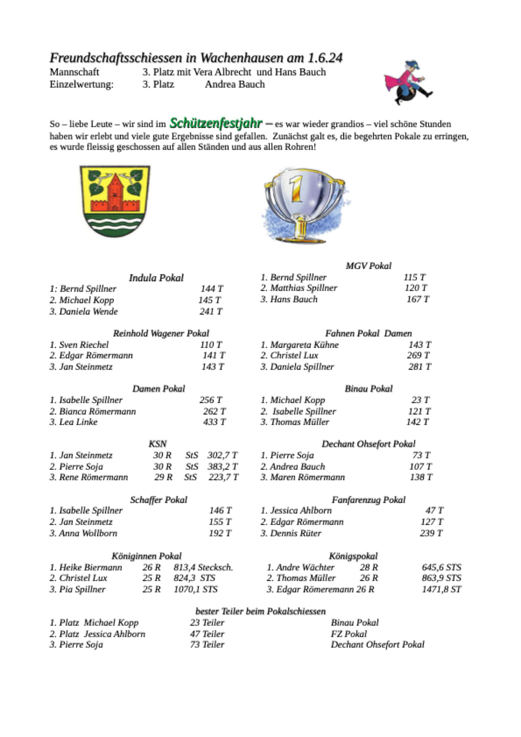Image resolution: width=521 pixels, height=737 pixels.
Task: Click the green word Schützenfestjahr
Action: (215, 123)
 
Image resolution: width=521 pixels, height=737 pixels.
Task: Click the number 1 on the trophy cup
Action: (296, 188)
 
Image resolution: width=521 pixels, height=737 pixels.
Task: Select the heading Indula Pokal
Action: (156, 278)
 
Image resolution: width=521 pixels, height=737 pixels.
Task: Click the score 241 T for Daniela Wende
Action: (211, 312)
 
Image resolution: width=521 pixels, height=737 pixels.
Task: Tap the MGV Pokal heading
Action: (368, 266)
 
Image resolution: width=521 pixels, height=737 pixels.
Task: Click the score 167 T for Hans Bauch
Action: (418, 299)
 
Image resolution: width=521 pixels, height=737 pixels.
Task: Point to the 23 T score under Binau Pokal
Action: (420, 400)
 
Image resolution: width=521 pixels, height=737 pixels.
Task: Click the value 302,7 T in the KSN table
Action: (222, 455)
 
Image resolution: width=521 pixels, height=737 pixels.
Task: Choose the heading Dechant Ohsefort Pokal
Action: (368, 444)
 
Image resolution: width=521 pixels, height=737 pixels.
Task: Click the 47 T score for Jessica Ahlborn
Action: (434, 511)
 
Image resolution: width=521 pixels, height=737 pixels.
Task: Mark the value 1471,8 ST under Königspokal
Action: (441, 589)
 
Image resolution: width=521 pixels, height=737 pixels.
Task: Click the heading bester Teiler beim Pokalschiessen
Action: (260, 611)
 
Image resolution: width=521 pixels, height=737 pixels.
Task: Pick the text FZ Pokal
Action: (349, 634)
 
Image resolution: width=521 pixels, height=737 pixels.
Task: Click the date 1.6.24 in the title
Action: (325, 58)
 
